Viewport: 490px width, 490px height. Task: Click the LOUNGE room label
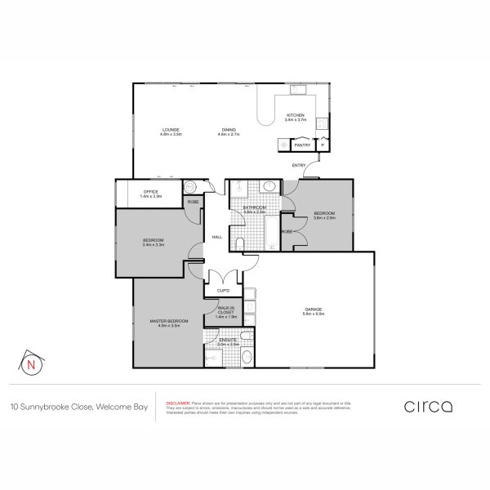(x=171, y=130)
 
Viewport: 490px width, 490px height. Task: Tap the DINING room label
(x=228, y=130)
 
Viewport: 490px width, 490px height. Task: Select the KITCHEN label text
(x=295, y=115)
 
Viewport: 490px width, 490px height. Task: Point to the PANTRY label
(x=301, y=145)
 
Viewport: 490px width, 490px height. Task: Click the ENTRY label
(x=299, y=167)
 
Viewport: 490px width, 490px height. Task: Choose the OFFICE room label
(x=150, y=192)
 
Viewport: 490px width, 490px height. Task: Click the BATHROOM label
(x=255, y=207)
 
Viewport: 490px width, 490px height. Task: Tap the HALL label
(x=217, y=237)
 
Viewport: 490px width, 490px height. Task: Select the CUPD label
(x=223, y=290)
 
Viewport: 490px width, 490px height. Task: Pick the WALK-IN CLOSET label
(x=225, y=310)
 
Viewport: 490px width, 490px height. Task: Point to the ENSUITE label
(x=228, y=339)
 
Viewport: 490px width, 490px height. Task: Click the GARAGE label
(x=314, y=309)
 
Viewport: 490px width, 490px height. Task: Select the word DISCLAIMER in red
(x=178, y=403)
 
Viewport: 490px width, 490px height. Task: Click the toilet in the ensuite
(x=245, y=356)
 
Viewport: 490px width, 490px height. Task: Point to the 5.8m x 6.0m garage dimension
(x=314, y=314)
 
